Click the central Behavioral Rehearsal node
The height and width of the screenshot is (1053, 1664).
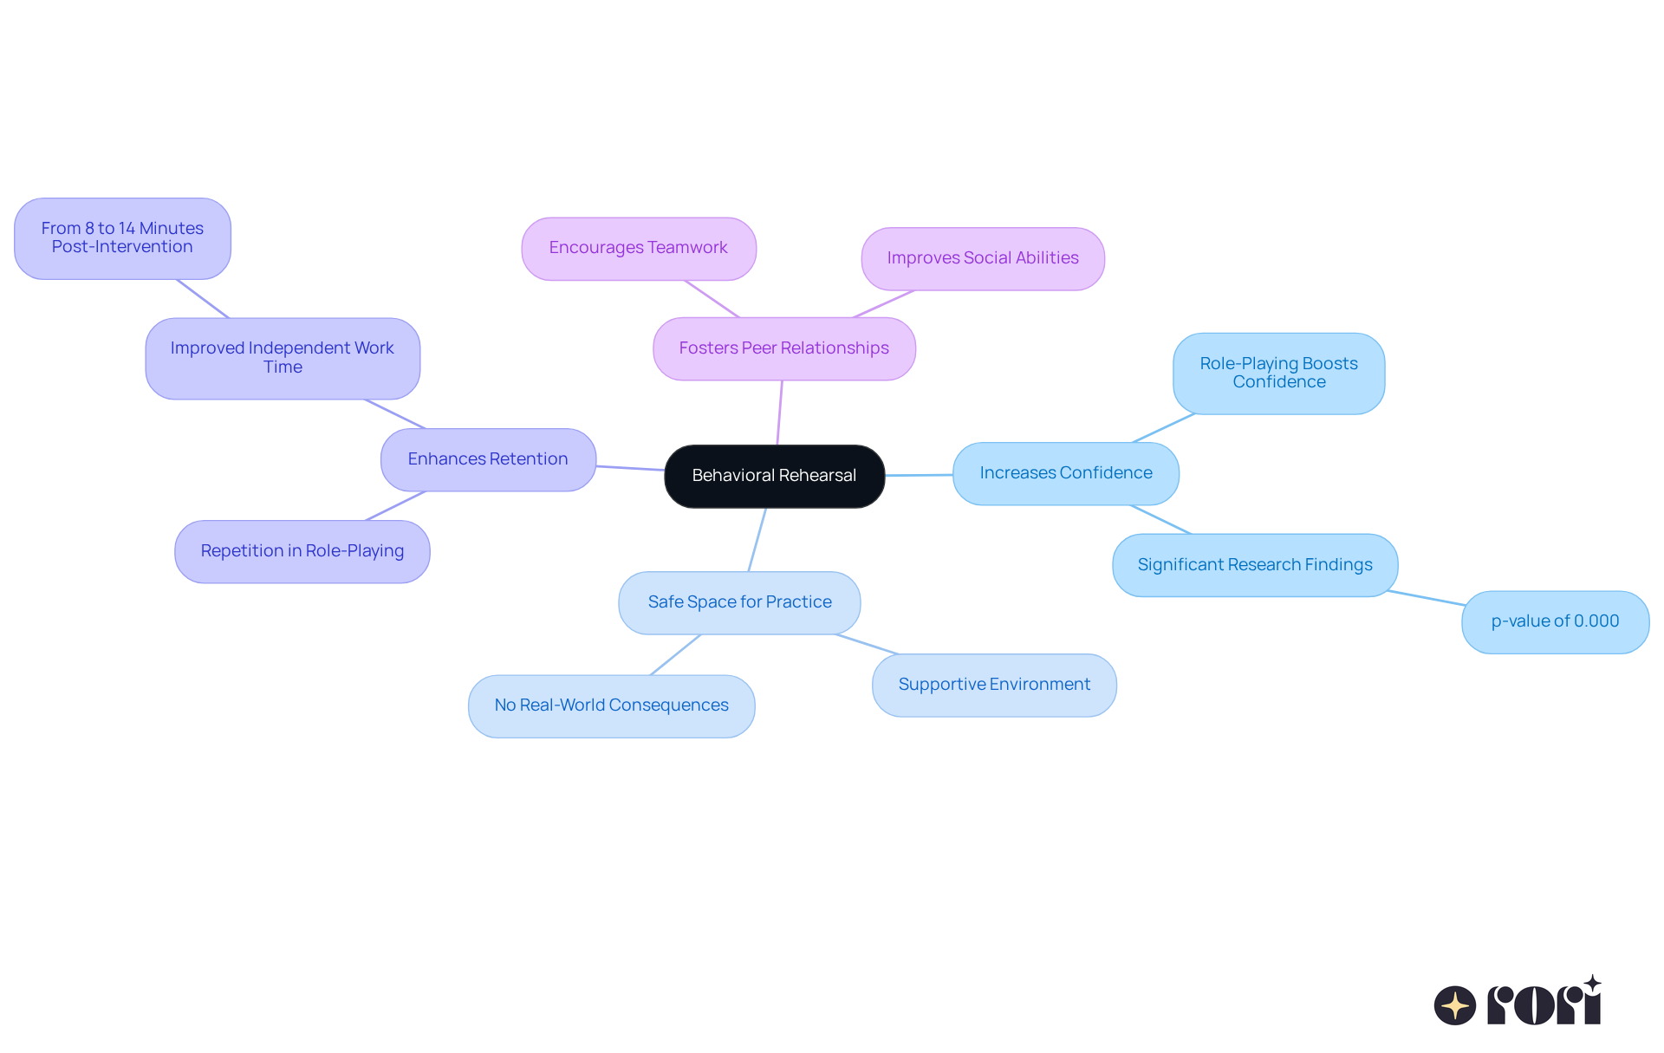pyautogui.click(x=774, y=476)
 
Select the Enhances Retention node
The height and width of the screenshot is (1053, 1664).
pyautogui.click(x=488, y=459)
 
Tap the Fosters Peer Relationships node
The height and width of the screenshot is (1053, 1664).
pyautogui.click(x=783, y=348)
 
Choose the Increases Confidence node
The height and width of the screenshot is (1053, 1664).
pyautogui.click(x=1065, y=473)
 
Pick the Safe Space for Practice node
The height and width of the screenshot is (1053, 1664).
pyautogui.click(x=739, y=602)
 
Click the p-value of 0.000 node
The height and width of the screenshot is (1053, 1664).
pyautogui.click(x=1555, y=621)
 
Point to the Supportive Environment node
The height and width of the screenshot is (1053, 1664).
pyautogui.click(x=994, y=685)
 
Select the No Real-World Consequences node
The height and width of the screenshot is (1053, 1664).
pyautogui.click(x=611, y=705)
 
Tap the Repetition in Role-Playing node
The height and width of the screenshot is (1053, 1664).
pyautogui.click(x=302, y=551)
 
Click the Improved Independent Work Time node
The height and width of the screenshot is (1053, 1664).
pyautogui.click(x=283, y=358)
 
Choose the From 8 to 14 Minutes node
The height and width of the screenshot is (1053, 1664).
pyautogui.click(x=122, y=238)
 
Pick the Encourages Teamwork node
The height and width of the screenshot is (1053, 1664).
pyautogui.click(x=638, y=248)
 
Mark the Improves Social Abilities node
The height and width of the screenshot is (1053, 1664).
pyautogui.click(x=982, y=258)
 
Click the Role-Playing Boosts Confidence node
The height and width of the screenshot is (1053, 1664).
pyautogui.click(x=1278, y=373)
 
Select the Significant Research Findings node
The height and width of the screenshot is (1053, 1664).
pyautogui.click(x=1254, y=565)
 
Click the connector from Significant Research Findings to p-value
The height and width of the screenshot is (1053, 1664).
pyautogui.click(x=1427, y=598)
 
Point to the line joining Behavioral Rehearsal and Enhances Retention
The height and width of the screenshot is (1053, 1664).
pyautogui.click(x=630, y=468)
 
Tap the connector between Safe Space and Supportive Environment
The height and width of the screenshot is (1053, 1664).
pyautogui.click(x=868, y=644)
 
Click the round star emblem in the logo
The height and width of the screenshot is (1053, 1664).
pyautogui.click(x=1454, y=1005)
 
